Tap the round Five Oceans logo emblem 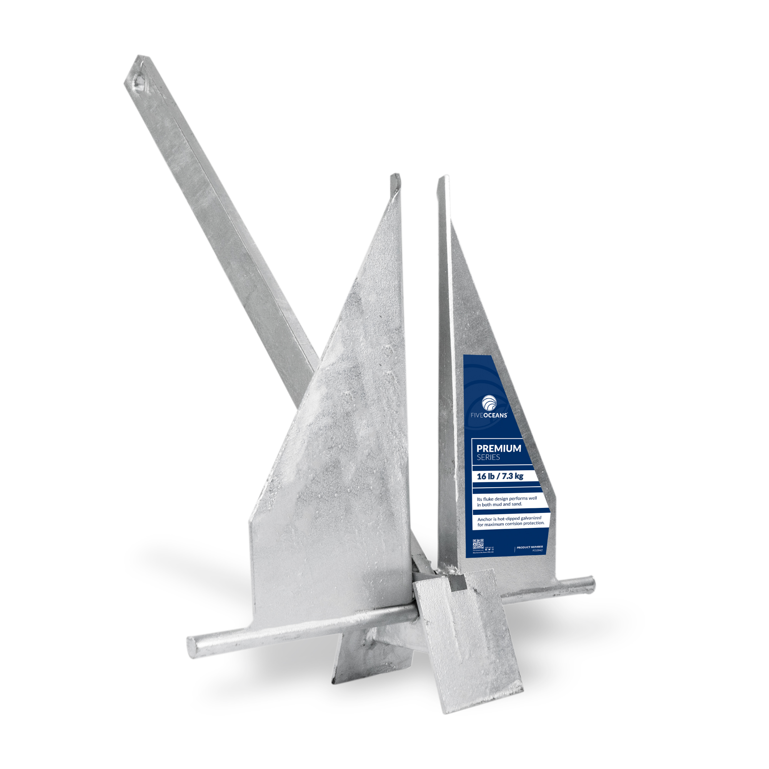click(489, 403)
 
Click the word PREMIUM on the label click(499, 449)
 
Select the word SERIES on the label click(488, 458)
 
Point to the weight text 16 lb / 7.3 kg click(500, 476)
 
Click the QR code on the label click(478, 544)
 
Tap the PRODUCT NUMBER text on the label click(529, 547)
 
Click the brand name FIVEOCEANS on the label click(489, 415)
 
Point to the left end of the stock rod click(192, 647)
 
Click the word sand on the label click(517, 504)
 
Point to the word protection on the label click(533, 523)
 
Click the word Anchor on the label click(485, 519)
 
